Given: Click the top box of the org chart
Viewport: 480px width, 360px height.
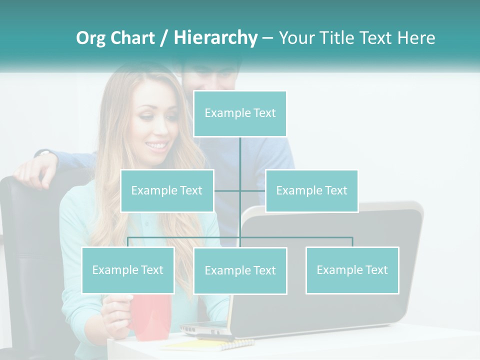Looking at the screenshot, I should [240, 113].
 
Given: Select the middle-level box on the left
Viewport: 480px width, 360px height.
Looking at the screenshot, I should [167, 190].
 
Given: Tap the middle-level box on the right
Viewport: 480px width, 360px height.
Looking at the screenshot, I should [311, 190].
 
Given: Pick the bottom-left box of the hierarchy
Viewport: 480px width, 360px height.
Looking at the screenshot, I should [128, 270].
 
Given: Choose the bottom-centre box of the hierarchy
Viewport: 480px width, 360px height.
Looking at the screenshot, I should [240, 270].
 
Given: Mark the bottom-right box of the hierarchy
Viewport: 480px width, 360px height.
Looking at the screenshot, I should [352, 270].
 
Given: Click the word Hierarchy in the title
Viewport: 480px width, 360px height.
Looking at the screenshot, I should [215, 37].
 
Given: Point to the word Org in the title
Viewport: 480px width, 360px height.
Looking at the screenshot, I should [90, 37].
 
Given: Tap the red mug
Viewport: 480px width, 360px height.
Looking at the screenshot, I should [150, 315].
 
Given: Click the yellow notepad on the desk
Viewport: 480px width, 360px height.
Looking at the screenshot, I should [210, 344].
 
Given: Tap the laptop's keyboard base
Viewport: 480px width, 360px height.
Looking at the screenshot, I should [210, 330].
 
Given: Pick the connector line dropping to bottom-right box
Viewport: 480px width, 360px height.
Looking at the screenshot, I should [352, 241].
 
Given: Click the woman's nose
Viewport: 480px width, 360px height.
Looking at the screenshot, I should [149, 131].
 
